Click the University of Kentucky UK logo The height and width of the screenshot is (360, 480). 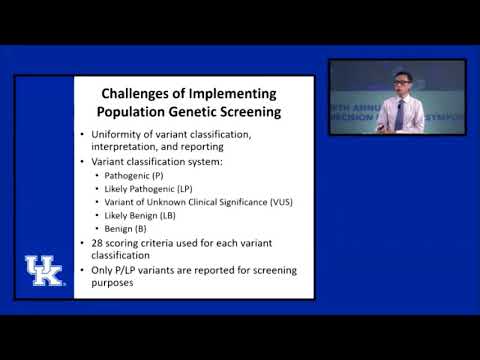click(x=44, y=271)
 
